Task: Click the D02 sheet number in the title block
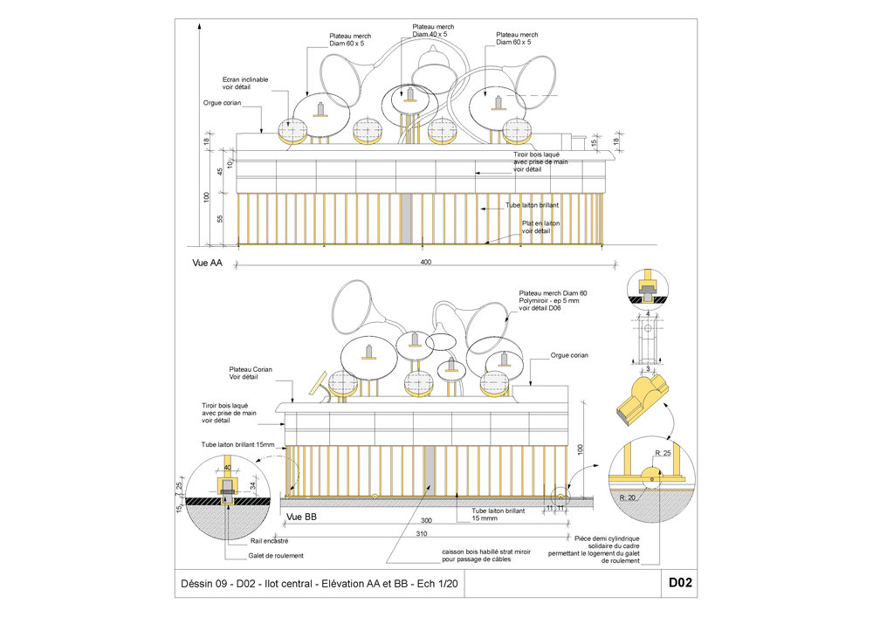coord(680,583)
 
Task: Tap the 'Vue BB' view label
coord(301,518)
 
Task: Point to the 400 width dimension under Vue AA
coord(426,262)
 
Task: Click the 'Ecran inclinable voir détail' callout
coord(245,84)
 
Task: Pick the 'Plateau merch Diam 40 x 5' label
coord(433,31)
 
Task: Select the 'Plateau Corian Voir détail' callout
coord(251,374)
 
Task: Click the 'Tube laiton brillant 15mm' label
coord(237,445)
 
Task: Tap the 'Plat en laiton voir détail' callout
coord(541,227)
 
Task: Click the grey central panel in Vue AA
coord(406,218)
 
